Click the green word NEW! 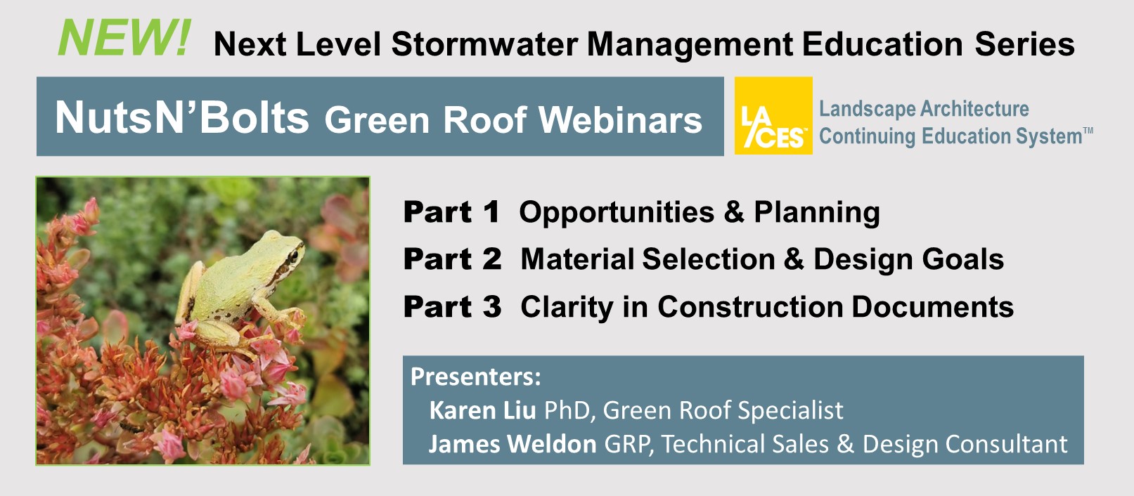click(x=124, y=38)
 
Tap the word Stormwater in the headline click(x=484, y=44)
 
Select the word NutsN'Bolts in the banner click(x=182, y=117)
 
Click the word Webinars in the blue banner click(x=620, y=120)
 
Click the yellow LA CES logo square click(x=773, y=115)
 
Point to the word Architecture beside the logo click(x=974, y=109)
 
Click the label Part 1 click(x=451, y=211)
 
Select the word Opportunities click(x=617, y=213)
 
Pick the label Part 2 click(x=452, y=259)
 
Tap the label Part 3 click(x=452, y=307)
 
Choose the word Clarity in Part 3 click(x=567, y=308)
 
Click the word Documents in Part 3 click(x=932, y=307)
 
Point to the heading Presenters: click(x=475, y=377)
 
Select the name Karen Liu click(x=482, y=410)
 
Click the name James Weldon click(x=513, y=444)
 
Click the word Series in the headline click(x=1024, y=44)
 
